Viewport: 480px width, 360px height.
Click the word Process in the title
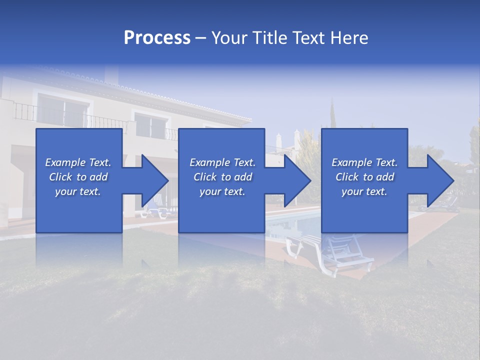157,38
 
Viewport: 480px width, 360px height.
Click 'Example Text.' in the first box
78,162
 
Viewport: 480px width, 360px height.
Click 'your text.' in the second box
222,191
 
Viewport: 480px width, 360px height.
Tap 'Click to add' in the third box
364,177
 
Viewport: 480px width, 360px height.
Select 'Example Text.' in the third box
364,162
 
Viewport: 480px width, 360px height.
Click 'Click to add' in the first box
78,177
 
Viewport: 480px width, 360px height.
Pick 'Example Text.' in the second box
222,162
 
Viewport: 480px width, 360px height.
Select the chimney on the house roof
111,75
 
